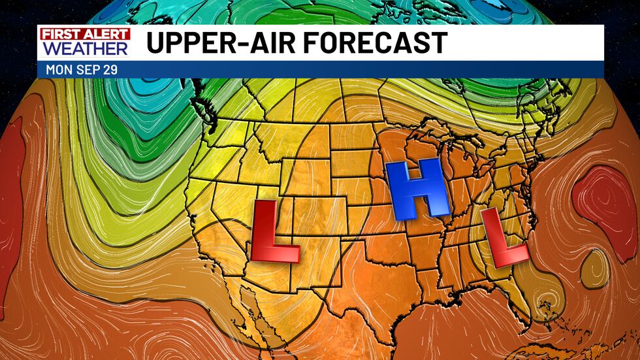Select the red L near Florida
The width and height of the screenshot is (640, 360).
point(503,238)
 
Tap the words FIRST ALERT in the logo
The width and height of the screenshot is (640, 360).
point(84,34)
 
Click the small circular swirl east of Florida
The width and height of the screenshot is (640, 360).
point(543,302)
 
